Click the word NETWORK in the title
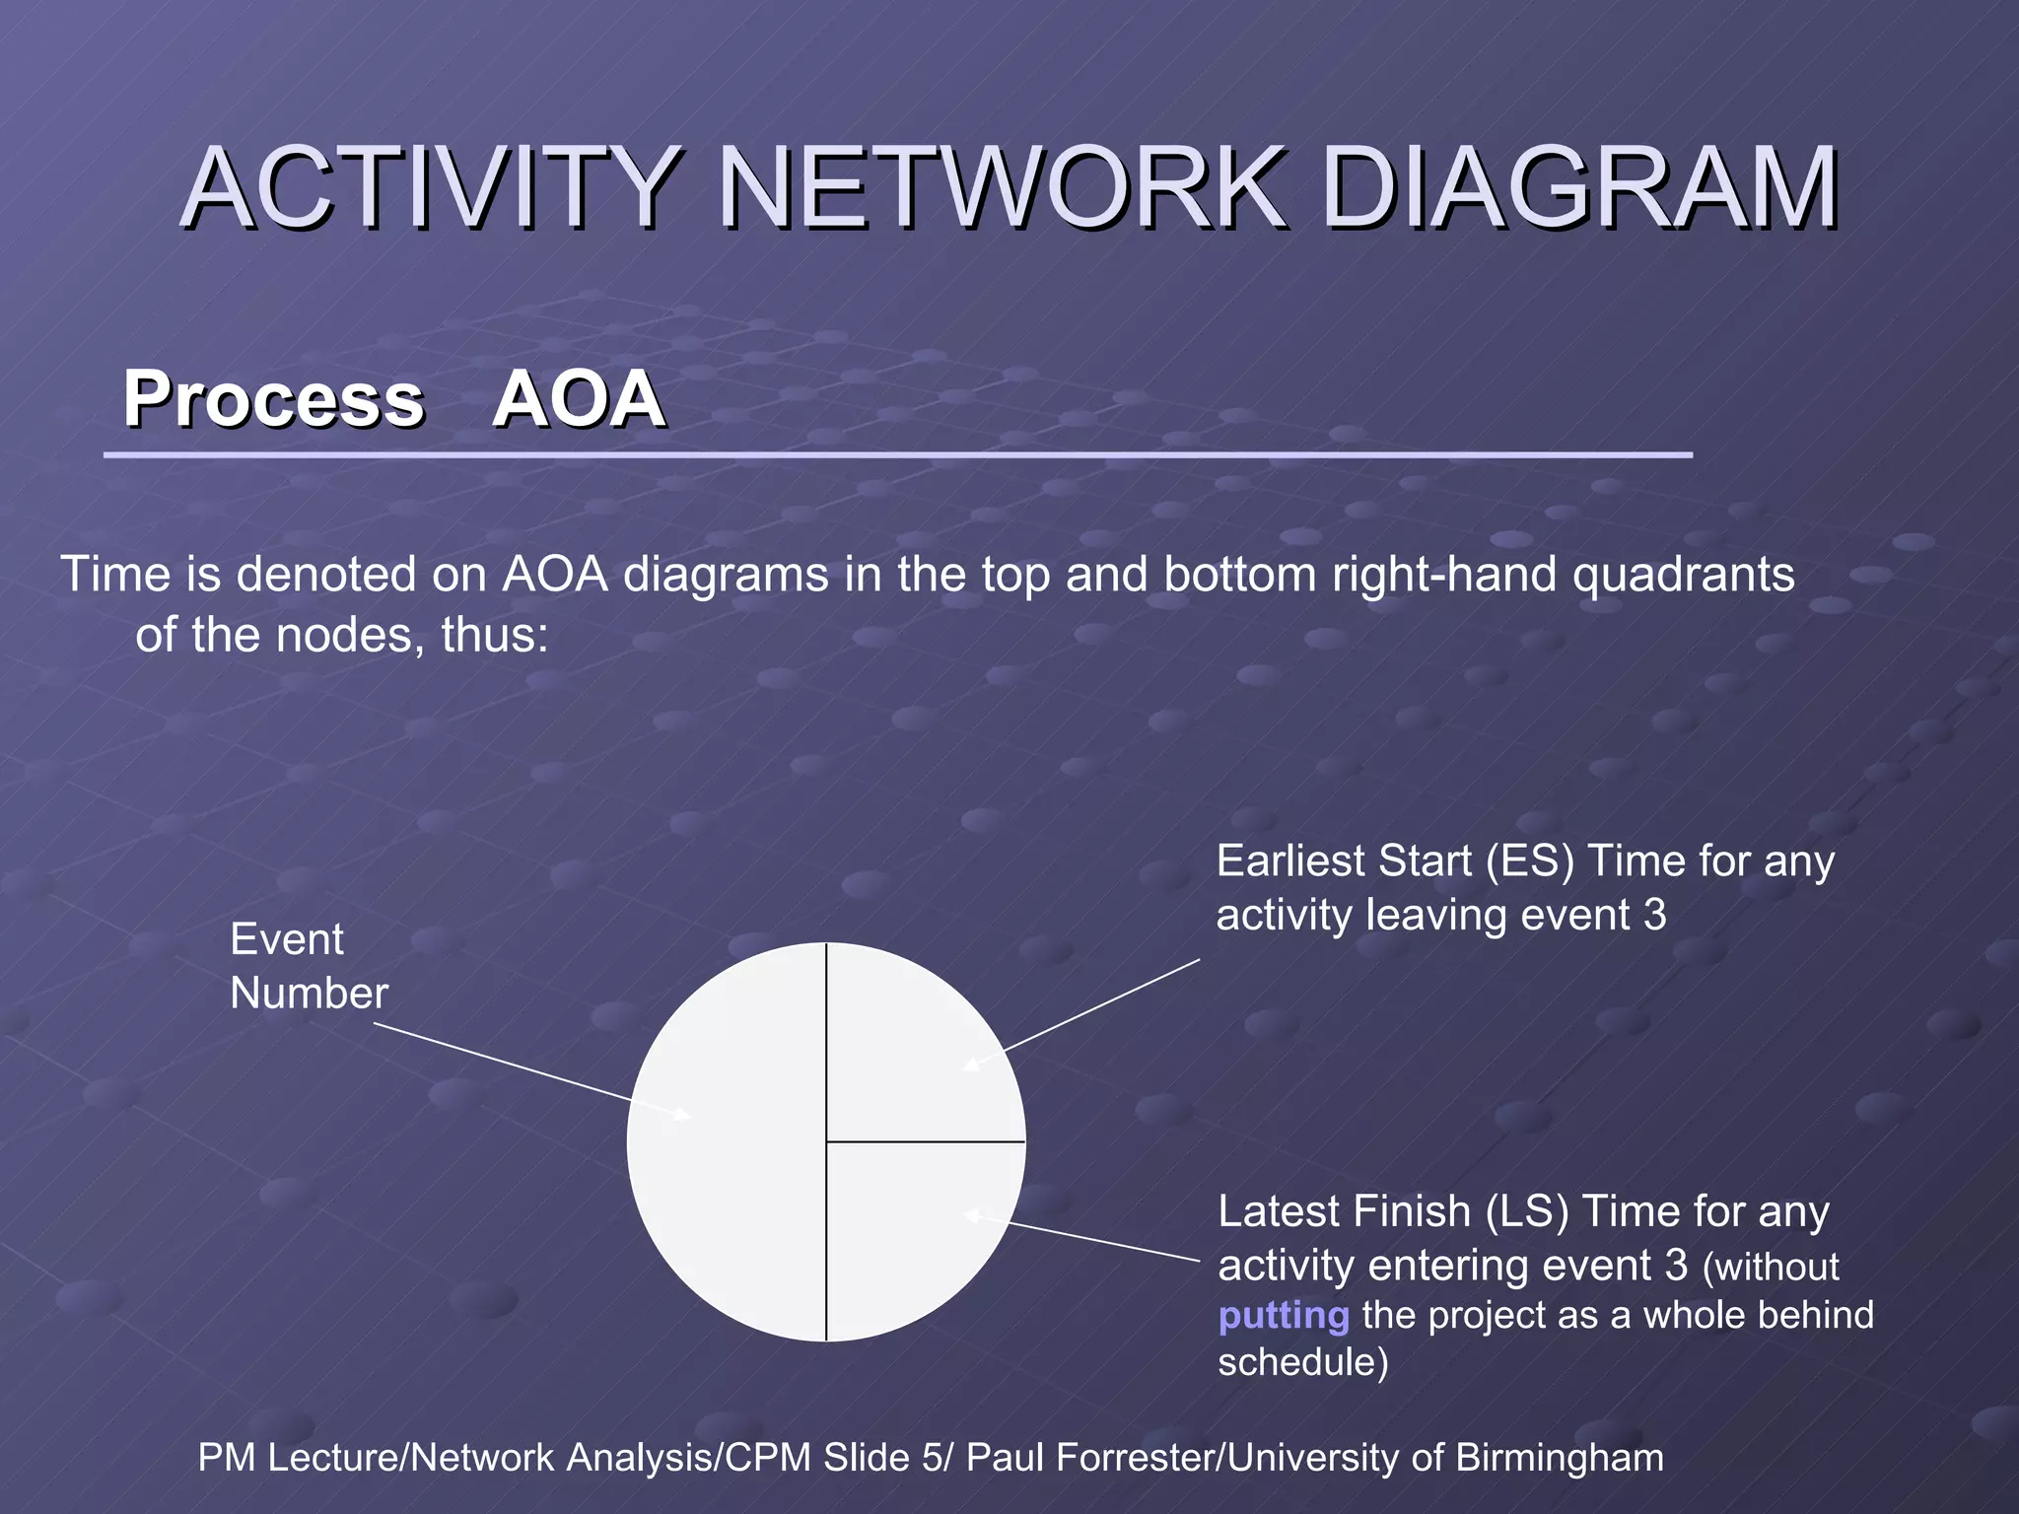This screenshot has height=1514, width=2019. (1001, 187)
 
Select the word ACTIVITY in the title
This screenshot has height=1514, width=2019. (430, 187)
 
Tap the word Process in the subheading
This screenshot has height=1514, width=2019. (273, 399)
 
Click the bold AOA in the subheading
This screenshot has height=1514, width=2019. (579, 399)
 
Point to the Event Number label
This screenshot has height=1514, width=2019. (308, 966)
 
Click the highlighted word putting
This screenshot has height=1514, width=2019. (1284, 1316)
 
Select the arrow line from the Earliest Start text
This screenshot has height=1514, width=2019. (1094, 1007)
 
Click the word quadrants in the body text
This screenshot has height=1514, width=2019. (1683, 575)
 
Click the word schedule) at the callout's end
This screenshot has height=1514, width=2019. (1302, 1362)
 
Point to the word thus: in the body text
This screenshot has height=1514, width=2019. (495, 635)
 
